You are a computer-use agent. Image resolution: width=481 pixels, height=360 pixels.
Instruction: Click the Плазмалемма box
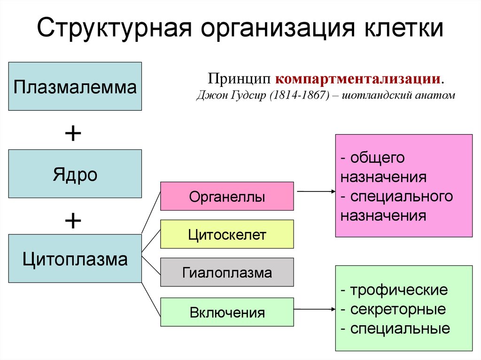[x=75, y=86]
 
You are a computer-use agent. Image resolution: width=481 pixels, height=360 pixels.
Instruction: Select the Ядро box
[x=75, y=174]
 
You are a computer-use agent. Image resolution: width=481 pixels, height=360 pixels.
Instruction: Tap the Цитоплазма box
[x=75, y=259]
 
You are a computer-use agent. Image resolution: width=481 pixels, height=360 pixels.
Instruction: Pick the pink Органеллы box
[x=227, y=196]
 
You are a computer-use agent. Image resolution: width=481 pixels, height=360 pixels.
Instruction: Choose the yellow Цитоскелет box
[x=227, y=234]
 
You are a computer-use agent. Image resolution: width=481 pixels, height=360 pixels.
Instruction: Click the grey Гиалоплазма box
[x=227, y=272]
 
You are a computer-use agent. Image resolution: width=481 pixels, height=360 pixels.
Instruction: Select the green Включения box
[x=227, y=312]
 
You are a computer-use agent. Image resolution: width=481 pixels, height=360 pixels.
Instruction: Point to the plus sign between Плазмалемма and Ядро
[x=73, y=135]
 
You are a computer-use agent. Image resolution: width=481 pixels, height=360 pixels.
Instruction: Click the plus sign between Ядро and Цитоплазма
[x=73, y=220]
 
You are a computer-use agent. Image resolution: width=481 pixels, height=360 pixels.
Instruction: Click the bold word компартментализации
[x=358, y=78]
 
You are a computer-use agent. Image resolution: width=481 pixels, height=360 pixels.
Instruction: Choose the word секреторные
[x=398, y=309]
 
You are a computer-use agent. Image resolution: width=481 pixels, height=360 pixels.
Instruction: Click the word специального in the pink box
[x=402, y=196]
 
